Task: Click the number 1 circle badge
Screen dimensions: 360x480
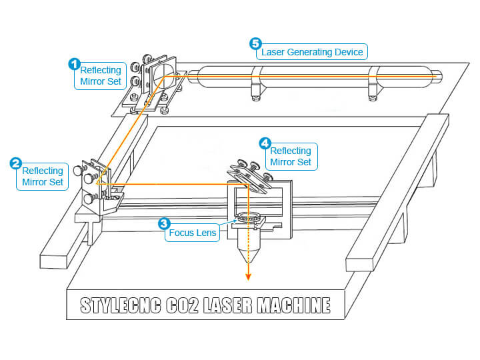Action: click(x=75, y=64)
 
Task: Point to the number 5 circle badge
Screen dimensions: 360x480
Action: click(x=255, y=44)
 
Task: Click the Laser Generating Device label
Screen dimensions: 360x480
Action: click(x=313, y=51)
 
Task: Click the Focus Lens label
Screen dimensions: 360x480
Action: click(x=193, y=233)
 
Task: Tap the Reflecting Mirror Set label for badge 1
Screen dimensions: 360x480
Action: click(x=100, y=77)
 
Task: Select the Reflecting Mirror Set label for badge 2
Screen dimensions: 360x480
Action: click(x=43, y=176)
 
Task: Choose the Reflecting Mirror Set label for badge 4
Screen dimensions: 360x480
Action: click(x=291, y=156)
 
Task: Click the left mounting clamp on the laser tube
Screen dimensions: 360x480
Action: click(x=256, y=84)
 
